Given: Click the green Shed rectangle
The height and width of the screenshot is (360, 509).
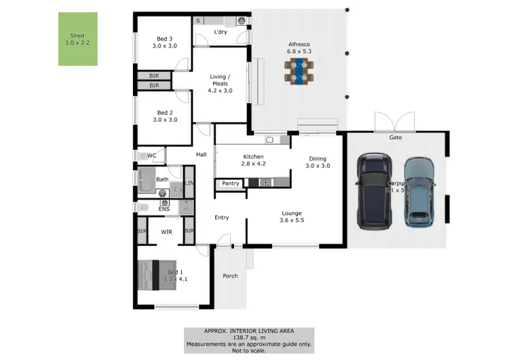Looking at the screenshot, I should [77, 39].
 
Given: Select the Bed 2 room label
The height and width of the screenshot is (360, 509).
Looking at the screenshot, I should [166, 116].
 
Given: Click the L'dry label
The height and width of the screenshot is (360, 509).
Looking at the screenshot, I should [220, 32].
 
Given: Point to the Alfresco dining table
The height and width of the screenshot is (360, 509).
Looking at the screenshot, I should [299, 70].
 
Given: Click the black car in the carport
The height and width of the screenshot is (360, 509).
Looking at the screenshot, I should [374, 190].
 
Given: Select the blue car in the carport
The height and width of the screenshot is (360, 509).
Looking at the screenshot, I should [419, 192].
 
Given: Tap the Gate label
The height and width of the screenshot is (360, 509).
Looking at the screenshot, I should [395, 137].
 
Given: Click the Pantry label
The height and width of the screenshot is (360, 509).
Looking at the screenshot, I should [231, 183].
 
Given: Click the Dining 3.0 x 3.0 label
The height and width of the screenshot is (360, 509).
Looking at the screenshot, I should [317, 162].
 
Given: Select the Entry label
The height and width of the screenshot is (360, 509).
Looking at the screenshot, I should [221, 217].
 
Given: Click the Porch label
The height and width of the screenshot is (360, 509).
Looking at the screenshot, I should [230, 276].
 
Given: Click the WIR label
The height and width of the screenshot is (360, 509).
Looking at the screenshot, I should [166, 232].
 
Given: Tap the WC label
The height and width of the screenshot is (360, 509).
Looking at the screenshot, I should [152, 156].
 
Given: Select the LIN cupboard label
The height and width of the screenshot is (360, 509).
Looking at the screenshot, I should [189, 184].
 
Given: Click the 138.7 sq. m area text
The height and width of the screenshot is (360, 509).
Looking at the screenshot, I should [249, 337].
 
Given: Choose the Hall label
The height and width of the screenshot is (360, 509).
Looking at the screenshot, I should [201, 155].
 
